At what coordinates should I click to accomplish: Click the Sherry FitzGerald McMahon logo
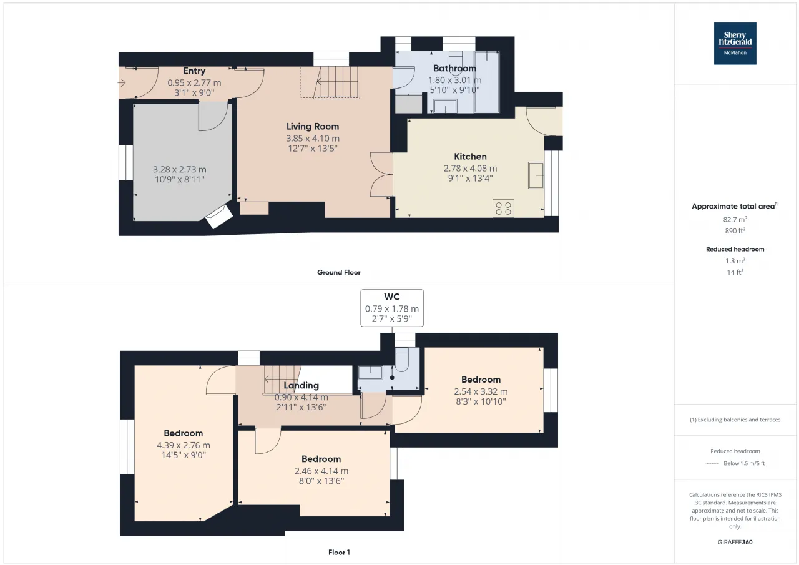[735, 44]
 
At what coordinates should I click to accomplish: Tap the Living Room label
[313, 127]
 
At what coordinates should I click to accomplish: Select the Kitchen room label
[470, 157]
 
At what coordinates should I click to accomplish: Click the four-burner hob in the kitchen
[503, 209]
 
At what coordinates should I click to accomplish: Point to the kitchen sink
[536, 175]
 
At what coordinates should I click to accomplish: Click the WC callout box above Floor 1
[392, 308]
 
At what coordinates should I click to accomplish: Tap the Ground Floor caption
[339, 273]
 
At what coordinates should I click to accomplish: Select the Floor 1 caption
[339, 553]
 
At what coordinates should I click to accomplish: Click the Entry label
[194, 71]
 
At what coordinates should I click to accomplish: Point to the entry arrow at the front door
[122, 83]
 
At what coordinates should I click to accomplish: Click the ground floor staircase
[336, 82]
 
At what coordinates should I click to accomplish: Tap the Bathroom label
[454, 68]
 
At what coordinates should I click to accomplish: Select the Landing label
[301, 386]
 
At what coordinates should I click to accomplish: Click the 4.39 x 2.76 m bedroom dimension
[184, 445]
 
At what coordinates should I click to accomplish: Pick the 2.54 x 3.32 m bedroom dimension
[481, 391]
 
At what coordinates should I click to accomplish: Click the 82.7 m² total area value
[735, 219]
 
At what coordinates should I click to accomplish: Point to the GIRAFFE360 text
[735, 542]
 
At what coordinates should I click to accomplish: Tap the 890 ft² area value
[735, 231]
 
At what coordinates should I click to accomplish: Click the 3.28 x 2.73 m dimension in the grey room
[179, 169]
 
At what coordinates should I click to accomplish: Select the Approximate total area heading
[735, 206]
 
